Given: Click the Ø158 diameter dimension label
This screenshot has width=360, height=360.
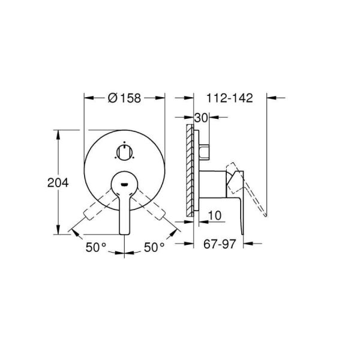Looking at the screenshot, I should coord(124,99).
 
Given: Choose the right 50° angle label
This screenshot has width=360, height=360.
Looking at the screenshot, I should coord(154,247).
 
